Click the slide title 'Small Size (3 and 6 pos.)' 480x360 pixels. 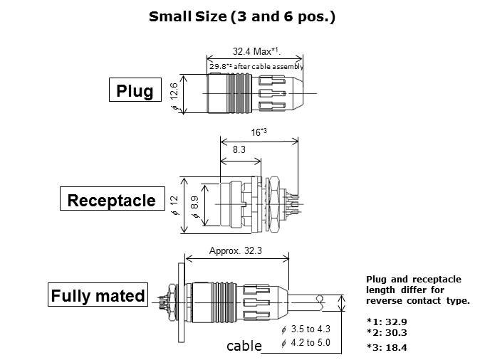click(241, 16)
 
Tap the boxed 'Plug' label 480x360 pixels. click(135, 92)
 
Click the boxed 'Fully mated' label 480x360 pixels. click(98, 296)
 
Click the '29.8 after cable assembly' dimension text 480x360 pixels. click(256, 67)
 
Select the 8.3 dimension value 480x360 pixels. click(239, 150)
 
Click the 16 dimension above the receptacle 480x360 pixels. click(258, 132)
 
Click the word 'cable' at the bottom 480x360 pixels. click(244, 346)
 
